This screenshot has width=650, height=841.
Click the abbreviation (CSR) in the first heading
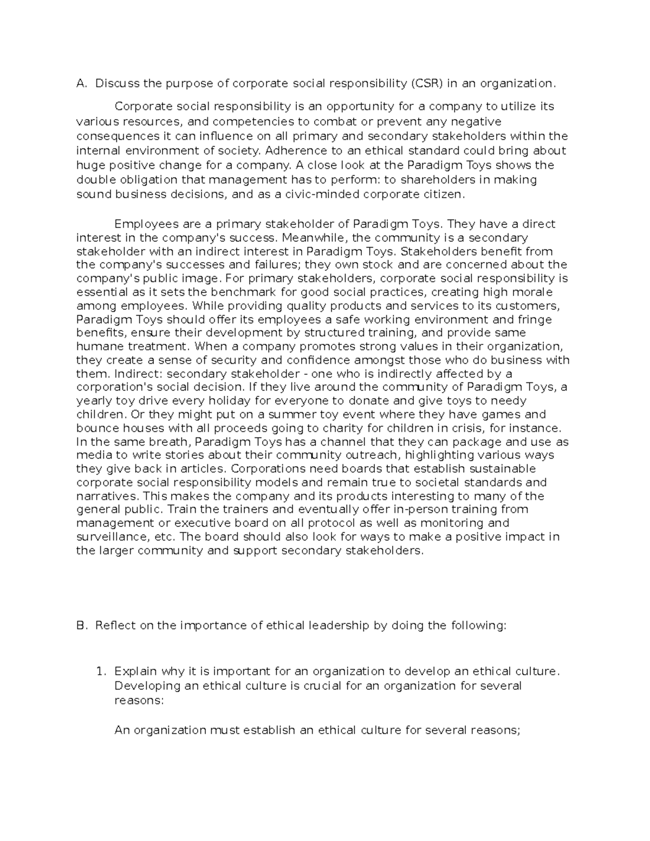pos(427,83)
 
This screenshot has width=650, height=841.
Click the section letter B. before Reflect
pos(81,625)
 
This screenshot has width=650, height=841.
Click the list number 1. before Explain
pos(100,672)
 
